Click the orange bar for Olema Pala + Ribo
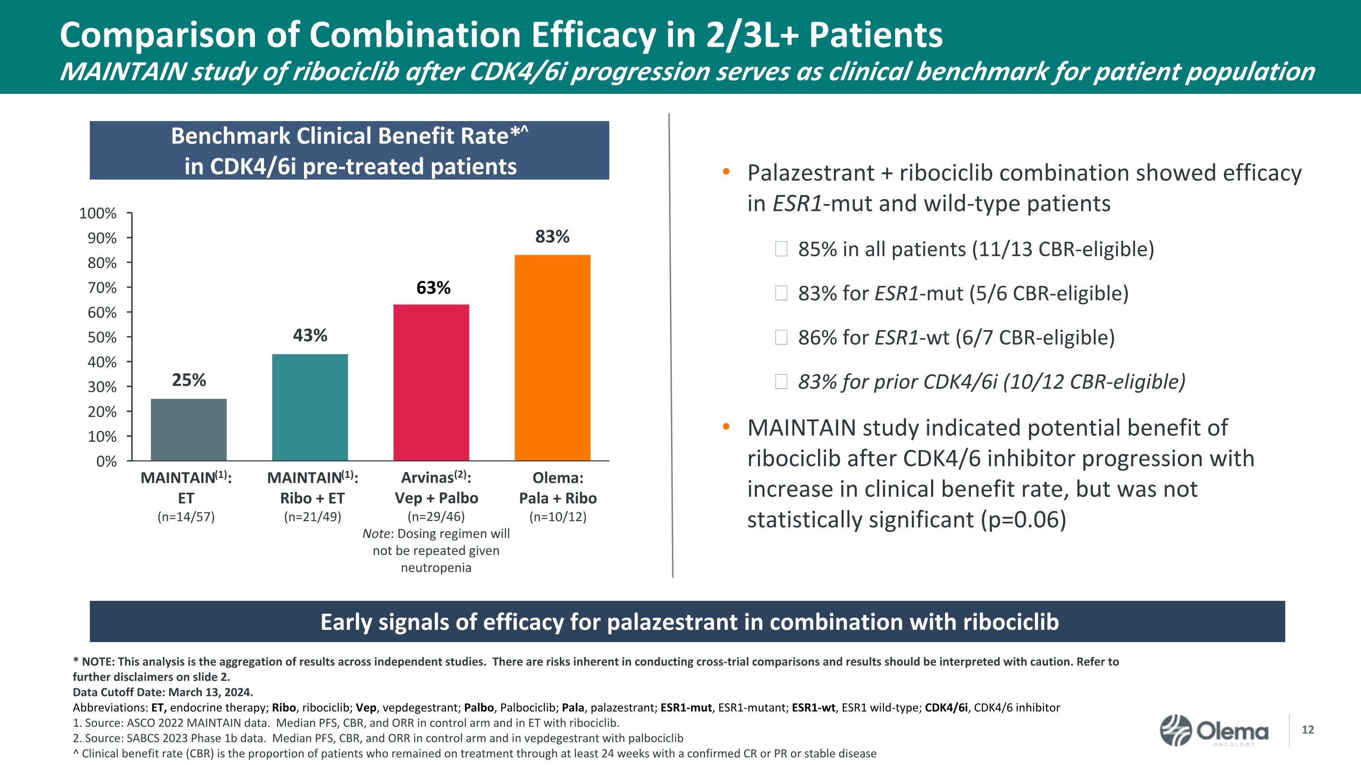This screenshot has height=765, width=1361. click(x=552, y=357)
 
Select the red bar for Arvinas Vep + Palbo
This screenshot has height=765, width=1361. click(x=431, y=382)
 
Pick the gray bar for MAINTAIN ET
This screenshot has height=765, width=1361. click(x=189, y=429)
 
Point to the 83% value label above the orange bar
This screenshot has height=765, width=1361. click(x=552, y=237)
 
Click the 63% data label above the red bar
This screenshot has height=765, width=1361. click(x=433, y=288)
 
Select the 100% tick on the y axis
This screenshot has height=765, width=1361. click(x=98, y=213)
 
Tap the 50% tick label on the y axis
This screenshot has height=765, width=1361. click(x=102, y=337)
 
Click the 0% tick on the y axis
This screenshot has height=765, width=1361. click(x=106, y=462)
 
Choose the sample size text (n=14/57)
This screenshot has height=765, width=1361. click(x=186, y=516)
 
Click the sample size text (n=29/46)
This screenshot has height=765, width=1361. click(x=436, y=516)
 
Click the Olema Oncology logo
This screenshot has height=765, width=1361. click(x=1214, y=731)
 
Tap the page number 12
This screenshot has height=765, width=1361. click(x=1307, y=730)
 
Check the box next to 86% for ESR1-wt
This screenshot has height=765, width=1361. click(x=781, y=337)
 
